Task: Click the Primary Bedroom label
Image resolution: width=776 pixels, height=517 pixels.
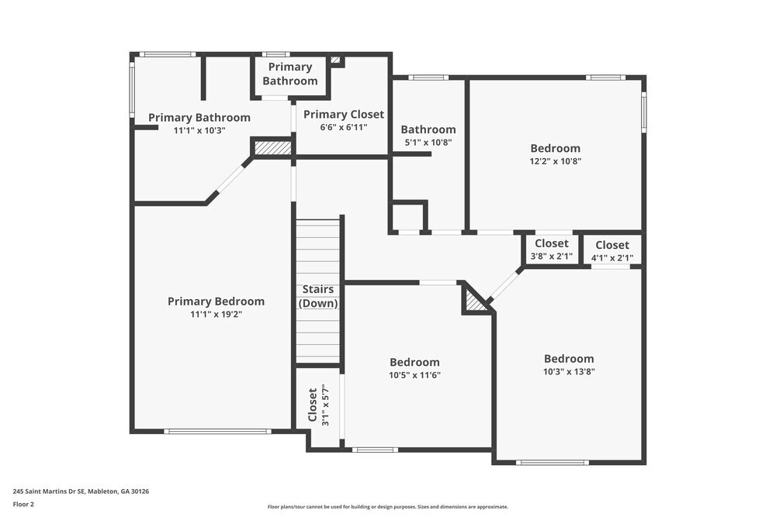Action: click(216, 302)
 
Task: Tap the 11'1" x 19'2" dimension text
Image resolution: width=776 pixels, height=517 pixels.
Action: click(216, 315)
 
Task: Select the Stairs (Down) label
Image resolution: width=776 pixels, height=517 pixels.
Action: click(318, 296)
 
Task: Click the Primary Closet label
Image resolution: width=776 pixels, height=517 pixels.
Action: click(343, 115)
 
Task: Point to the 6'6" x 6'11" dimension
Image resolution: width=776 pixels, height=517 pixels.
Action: click(343, 128)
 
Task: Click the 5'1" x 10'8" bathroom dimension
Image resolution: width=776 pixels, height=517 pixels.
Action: click(428, 143)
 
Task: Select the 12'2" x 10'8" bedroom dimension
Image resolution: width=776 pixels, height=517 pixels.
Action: click(555, 161)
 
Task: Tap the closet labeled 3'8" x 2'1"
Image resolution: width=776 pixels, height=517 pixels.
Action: click(551, 250)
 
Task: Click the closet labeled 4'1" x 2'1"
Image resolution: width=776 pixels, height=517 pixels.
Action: click(612, 251)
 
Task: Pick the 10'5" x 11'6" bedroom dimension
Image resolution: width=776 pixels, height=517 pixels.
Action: click(414, 375)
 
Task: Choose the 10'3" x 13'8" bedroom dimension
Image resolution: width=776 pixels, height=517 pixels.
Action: click(569, 372)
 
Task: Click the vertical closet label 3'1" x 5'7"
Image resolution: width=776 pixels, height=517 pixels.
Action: click(319, 405)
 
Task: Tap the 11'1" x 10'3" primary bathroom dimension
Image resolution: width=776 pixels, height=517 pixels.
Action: click(199, 131)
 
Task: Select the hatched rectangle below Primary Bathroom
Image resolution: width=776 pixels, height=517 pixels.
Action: click(272, 147)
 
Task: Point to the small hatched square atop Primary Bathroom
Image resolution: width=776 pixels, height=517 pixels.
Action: click(335, 60)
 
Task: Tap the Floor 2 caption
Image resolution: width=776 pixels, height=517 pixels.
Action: click(23, 504)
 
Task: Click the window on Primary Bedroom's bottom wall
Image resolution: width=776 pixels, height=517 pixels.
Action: click(212, 432)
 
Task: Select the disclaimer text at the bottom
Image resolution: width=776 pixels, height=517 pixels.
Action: click(388, 505)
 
